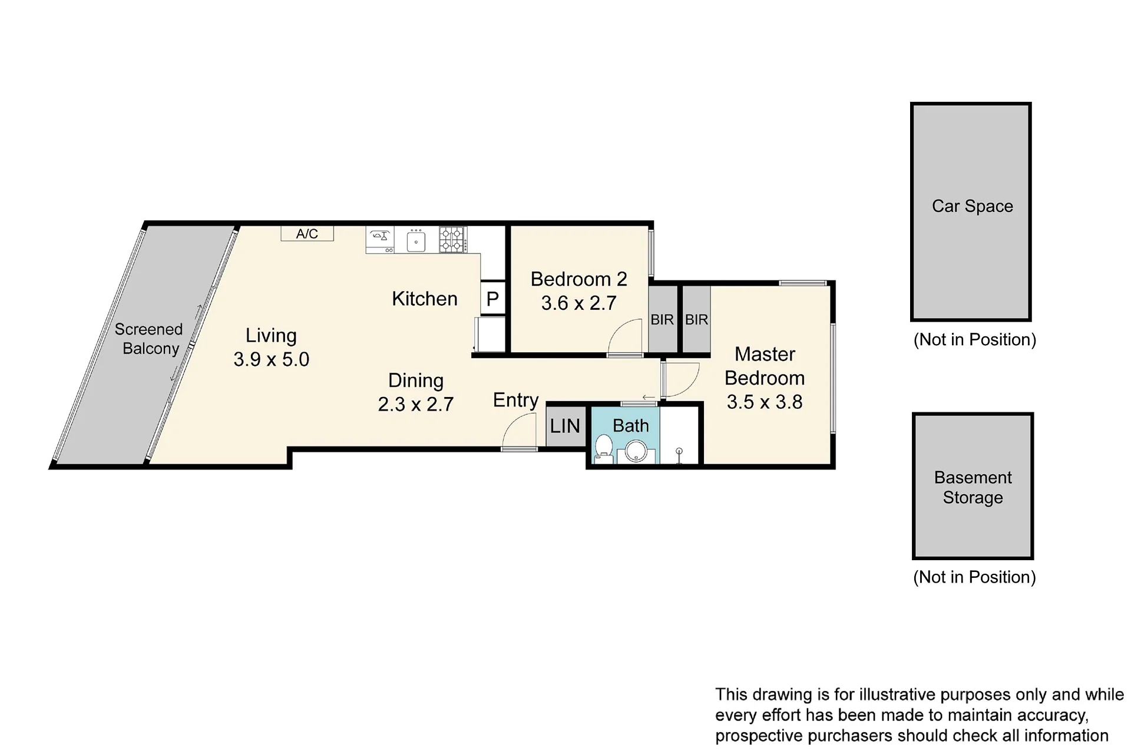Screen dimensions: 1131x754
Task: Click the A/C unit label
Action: [307, 234]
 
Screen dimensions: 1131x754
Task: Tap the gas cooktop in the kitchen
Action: [452, 240]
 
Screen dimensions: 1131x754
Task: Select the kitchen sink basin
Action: [416, 242]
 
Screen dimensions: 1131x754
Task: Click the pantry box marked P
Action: [493, 299]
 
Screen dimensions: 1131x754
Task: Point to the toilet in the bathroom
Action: [604, 448]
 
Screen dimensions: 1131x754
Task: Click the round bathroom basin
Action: [636, 452]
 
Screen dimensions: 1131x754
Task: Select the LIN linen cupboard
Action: [565, 426]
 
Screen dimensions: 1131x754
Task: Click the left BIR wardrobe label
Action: [662, 320]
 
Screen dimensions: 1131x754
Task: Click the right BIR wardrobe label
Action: [696, 320]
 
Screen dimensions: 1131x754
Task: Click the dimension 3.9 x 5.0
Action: [272, 359]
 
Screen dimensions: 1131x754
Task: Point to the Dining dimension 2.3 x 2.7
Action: [416, 405]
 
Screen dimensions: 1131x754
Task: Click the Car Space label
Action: [973, 206]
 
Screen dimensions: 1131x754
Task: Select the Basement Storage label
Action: [973, 487]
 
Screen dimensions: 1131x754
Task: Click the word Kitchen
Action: [425, 299]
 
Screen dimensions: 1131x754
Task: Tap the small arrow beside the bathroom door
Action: [649, 398]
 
